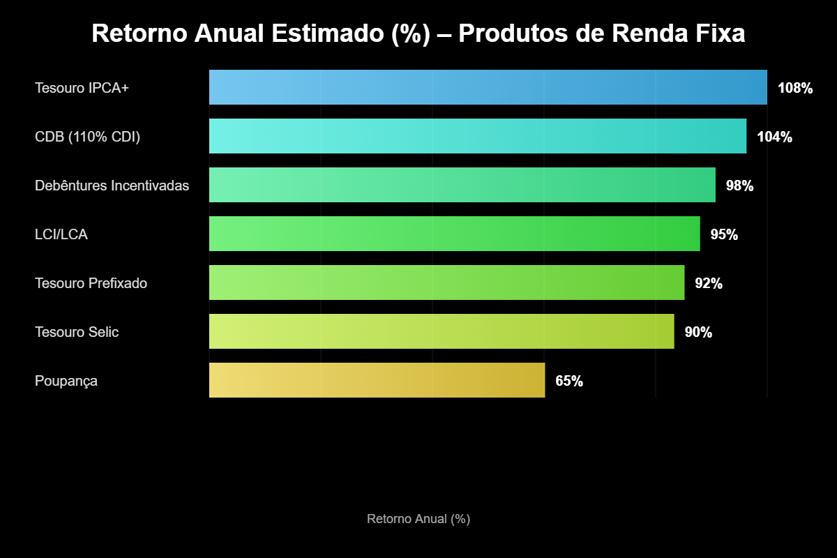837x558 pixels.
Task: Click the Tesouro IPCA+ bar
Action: coord(488,87)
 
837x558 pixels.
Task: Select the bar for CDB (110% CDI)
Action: coord(478,136)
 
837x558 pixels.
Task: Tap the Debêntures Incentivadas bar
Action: coord(462,185)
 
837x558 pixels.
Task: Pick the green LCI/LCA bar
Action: coord(454,234)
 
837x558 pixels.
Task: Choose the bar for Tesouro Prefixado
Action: coord(446,282)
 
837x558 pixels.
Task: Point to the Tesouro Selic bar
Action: coord(442,331)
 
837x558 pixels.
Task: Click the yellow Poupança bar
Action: coord(377,380)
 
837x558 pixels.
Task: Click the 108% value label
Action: coord(795,89)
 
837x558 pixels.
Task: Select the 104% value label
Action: coord(774,137)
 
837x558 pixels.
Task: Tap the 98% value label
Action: coord(739,186)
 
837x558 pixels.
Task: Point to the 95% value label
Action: coord(724,235)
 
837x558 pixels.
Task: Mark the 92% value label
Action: coord(709,284)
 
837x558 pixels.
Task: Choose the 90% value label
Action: coord(698,333)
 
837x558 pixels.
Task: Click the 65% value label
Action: coord(569,382)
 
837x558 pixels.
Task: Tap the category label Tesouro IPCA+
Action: coord(82,89)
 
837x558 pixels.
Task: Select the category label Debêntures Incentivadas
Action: coord(112,186)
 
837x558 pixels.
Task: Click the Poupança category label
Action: coord(66,382)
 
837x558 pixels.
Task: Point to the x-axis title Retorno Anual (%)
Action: coord(418,519)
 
